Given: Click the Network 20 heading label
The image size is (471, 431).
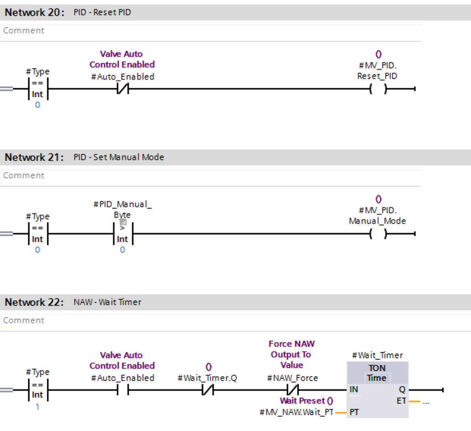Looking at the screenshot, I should (x=35, y=13).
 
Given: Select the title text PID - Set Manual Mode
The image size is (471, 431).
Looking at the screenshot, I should (x=119, y=157).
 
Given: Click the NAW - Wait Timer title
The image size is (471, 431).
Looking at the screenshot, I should (x=108, y=302).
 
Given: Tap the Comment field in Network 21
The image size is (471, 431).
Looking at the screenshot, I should (x=210, y=175).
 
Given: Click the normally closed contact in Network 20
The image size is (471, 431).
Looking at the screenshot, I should (x=123, y=89).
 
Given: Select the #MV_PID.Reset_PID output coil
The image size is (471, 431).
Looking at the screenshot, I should (x=378, y=89).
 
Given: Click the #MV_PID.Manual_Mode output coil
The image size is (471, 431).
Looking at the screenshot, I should (x=378, y=234).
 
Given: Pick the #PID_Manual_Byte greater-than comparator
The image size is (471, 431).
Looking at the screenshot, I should (x=122, y=234).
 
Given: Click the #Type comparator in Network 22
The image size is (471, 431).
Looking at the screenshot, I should (x=38, y=390).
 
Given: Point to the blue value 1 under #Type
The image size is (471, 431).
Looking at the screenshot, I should (x=38, y=407).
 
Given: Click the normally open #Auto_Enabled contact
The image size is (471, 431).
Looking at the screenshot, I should (x=123, y=390).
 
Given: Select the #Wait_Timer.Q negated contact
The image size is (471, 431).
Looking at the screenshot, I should (x=208, y=390).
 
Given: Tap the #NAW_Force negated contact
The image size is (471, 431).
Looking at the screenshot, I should (x=292, y=390).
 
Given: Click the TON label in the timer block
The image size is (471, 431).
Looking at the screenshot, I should (x=377, y=368).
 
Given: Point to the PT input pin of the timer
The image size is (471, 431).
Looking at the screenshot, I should (x=354, y=412).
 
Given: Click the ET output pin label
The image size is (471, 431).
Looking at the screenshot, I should (x=401, y=401).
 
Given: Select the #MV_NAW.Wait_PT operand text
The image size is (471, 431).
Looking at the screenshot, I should (x=296, y=412).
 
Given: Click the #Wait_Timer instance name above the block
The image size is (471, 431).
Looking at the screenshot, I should (x=377, y=355).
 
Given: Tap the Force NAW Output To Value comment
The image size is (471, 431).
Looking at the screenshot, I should (x=292, y=354).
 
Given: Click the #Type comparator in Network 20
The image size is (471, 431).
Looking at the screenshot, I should (x=38, y=89).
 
